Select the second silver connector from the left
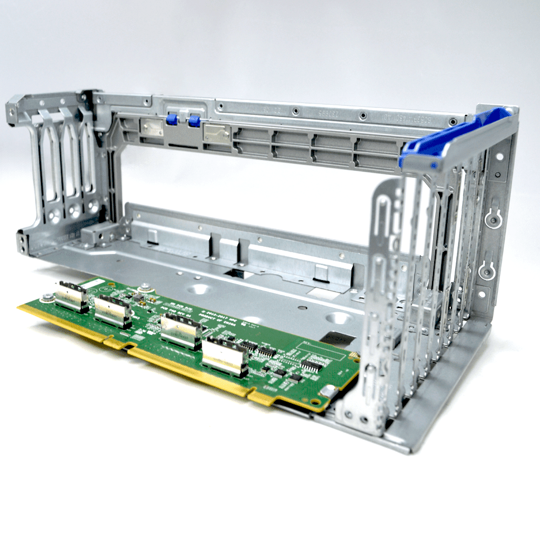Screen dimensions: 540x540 coord(112,312)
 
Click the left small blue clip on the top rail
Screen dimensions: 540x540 coord(172,120)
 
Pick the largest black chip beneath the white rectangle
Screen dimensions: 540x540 coord(312,367)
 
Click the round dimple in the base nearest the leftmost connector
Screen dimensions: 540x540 coord(199,289)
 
